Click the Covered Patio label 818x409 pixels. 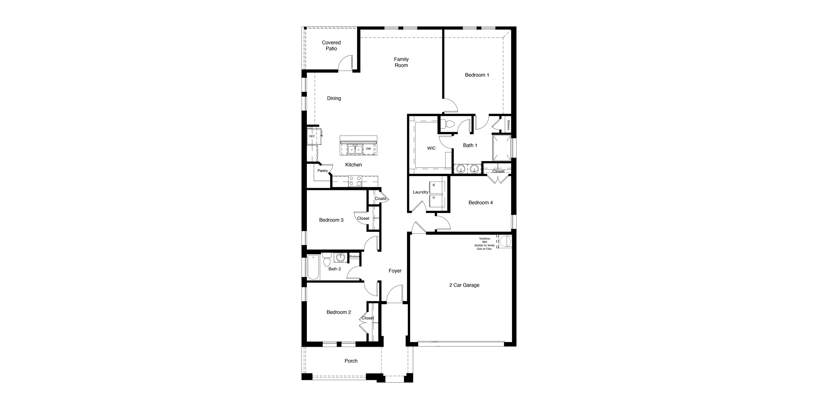[331, 46]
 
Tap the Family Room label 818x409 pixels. [401, 62]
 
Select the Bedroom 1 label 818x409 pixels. [477, 75]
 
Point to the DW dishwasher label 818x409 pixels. [368, 149]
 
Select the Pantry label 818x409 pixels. [323, 171]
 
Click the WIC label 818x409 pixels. [431, 148]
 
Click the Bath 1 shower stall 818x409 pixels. [502, 148]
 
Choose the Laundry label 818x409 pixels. [420, 192]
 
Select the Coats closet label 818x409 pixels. [380, 199]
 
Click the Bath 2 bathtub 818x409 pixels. [313, 267]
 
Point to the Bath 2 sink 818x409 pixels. [341, 257]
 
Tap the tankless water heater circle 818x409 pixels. [505, 241]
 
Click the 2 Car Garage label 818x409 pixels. [464, 285]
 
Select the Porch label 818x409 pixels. [351, 361]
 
